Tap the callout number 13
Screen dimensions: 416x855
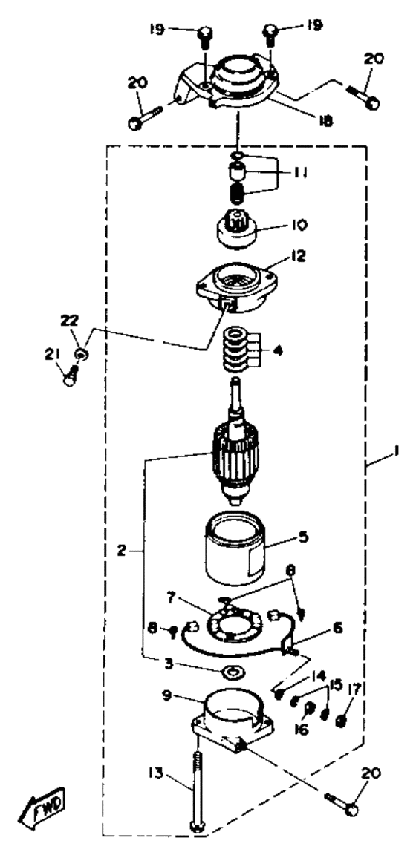157,773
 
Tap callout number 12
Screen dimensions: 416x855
298,256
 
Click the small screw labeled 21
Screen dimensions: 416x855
71,375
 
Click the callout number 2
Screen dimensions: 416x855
121,550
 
